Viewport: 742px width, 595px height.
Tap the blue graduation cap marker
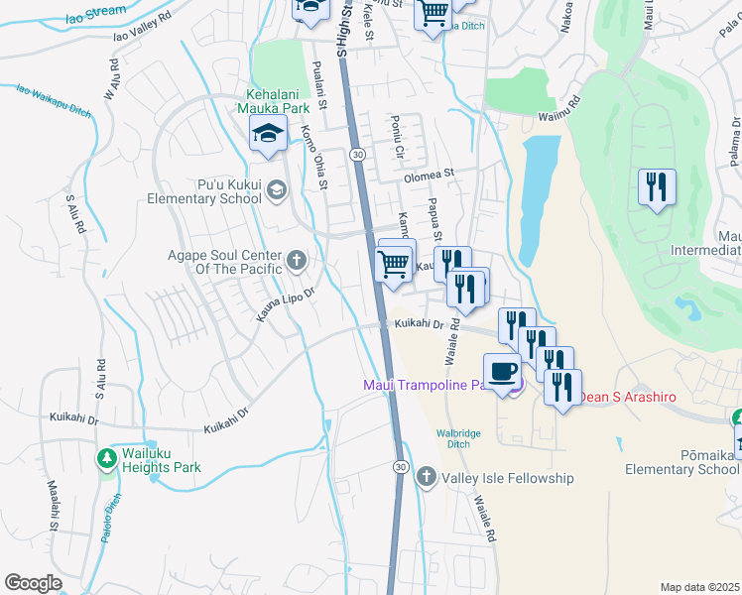tap(268, 135)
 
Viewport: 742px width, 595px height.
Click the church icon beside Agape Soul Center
tap(296, 261)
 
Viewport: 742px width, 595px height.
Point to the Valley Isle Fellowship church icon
tap(427, 477)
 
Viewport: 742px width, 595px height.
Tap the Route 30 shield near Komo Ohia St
tap(357, 155)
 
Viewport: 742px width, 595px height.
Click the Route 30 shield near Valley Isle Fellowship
tap(400, 466)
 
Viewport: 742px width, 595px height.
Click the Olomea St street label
tap(429, 173)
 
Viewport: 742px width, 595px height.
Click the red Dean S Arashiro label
tap(627, 397)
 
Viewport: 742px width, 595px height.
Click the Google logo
tap(33, 583)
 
